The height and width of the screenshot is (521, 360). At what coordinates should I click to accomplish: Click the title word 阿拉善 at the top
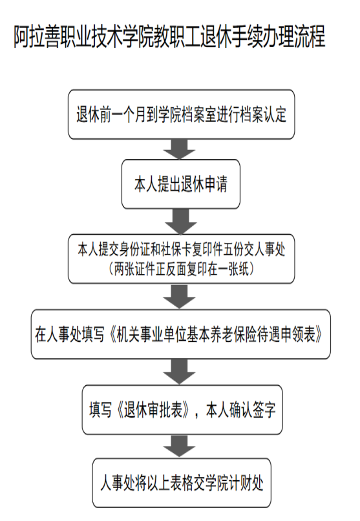[37, 36]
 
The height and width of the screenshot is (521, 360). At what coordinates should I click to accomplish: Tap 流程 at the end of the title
[310, 36]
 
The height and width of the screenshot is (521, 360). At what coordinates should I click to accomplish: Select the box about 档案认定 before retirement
[182, 114]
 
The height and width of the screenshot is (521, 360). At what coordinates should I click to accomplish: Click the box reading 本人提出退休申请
[181, 184]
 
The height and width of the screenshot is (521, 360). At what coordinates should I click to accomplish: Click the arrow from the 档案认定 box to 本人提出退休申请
[180, 149]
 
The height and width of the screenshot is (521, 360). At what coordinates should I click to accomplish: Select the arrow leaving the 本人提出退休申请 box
[181, 222]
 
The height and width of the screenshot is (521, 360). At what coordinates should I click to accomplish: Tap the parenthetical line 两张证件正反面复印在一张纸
[182, 269]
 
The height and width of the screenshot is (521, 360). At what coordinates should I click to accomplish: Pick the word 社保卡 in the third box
[176, 250]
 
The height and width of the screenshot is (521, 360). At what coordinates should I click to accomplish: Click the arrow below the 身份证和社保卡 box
[180, 297]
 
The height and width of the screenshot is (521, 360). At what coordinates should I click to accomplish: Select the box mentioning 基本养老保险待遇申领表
[181, 334]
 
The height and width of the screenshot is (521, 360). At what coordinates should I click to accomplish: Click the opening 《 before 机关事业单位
[111, 335]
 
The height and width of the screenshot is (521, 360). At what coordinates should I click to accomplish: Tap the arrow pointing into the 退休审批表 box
[180, 372]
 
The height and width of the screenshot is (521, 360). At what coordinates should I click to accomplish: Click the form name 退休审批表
[153, 410]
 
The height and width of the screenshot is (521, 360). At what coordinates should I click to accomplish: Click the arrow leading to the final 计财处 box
[180, 446]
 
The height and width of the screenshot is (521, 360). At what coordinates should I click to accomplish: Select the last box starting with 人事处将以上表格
[182, 483]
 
